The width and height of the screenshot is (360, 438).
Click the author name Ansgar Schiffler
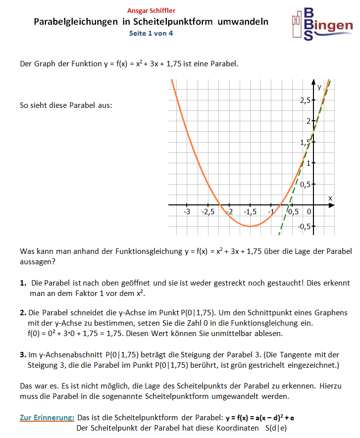tap(151, 10)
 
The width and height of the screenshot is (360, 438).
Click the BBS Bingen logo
tap(322, 24)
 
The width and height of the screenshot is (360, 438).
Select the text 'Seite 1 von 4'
tap(151, 33)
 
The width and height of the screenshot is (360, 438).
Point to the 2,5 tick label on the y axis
tap(305, 100)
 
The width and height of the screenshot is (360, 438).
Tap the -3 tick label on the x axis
tap(187, 212)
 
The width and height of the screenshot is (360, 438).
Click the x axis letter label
tap(330, 198)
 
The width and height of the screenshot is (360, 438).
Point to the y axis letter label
tap(319, 86)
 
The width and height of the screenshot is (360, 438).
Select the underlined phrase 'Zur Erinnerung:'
tap(47, 417)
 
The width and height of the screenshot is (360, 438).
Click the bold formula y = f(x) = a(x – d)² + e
tap(260, 417)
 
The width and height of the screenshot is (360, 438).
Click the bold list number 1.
tap(23, 283)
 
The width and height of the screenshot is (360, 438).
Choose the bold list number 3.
tap(23, 354)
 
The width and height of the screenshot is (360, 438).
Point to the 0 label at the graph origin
tap(309, 212)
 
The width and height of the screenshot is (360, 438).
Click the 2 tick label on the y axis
tap(308, 121)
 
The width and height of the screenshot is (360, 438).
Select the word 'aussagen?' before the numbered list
tap(37, 262)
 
